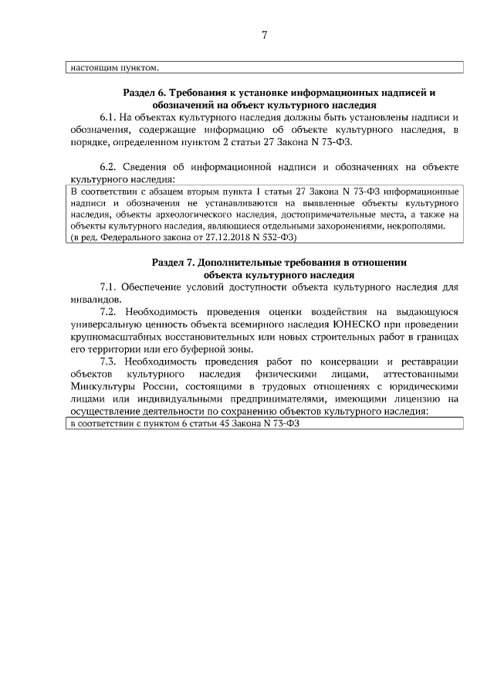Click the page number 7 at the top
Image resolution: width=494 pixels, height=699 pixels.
264,35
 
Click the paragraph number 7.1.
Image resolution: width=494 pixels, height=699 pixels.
108,287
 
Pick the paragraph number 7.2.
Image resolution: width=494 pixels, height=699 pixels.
108,312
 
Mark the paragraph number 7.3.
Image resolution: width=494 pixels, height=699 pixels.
108,361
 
